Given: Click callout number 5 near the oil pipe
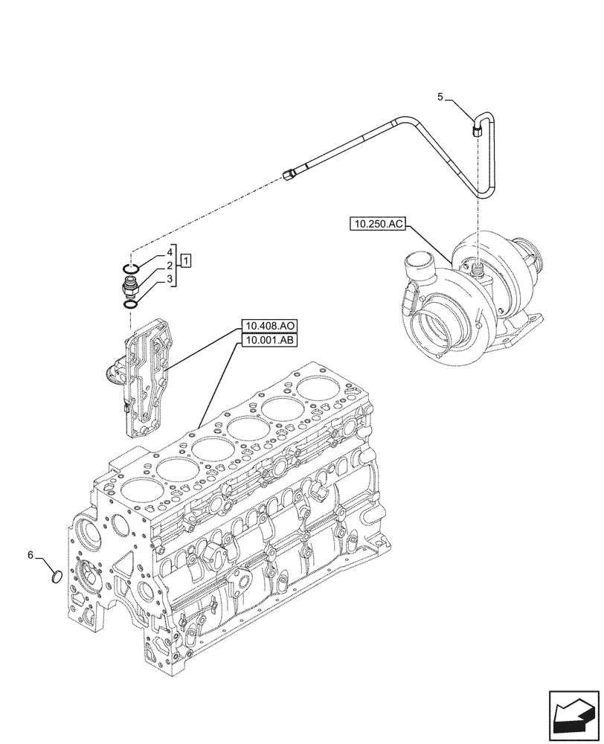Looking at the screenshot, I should (440, 97).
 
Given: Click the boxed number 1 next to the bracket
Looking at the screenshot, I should (187, 260).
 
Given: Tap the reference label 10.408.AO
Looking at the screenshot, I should (268, 326).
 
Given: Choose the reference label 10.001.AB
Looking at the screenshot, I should (268, 341).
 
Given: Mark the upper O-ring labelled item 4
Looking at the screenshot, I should (131, 269).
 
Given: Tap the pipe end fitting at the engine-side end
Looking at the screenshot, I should (291, 175).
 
